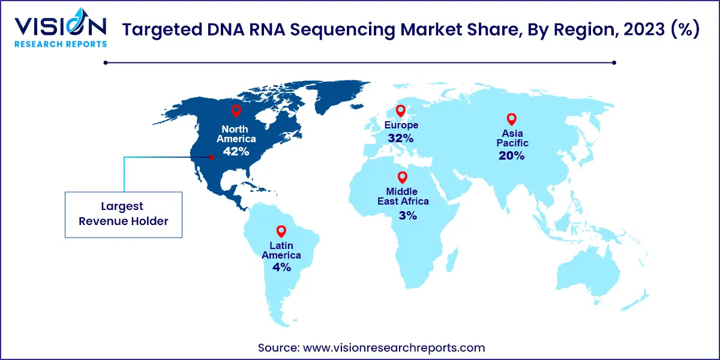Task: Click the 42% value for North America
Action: [x=236, y=151]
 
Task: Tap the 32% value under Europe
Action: [x=401, y=138]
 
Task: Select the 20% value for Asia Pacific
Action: [x=511, y=156]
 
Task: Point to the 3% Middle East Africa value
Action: [x=407, y=215]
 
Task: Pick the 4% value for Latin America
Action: [x=281, y=267]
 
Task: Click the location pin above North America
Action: [x=236, y=111]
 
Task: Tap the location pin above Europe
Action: [x=401, y=111]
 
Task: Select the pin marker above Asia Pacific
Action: [x=512, y=119]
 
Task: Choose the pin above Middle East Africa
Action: [x=403, y=178]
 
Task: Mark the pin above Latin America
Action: [x=281, y=232]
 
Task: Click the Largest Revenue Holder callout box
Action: [x=124, y=215]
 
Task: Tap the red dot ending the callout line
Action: [x=211, y=157]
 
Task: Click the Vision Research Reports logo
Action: [x=61, y=28]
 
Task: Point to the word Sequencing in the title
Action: [x=343, y=30]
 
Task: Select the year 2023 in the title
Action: [x=644, y=29]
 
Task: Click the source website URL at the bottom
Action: [x=394, y=347]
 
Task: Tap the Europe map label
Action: [x=401, y=125]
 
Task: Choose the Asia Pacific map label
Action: [x=512, y=138]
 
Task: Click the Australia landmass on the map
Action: [x=588, y=273]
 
